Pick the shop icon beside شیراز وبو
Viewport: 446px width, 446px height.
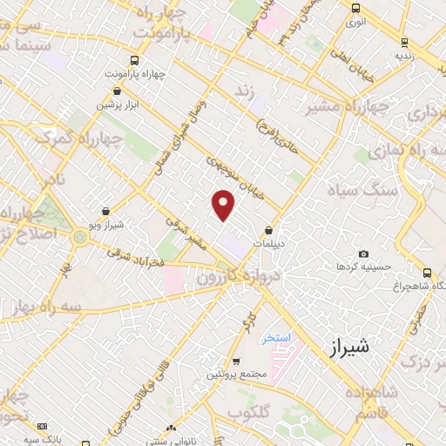click(106, 211)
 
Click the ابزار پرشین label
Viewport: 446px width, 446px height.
click(118, 105)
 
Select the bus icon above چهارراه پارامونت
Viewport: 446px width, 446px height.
click(133, 60)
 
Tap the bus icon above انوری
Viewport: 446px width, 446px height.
click(354, 8)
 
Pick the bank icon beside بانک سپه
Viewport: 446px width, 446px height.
click(42, 426)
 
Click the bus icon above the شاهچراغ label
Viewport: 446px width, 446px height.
click(426, 272)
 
